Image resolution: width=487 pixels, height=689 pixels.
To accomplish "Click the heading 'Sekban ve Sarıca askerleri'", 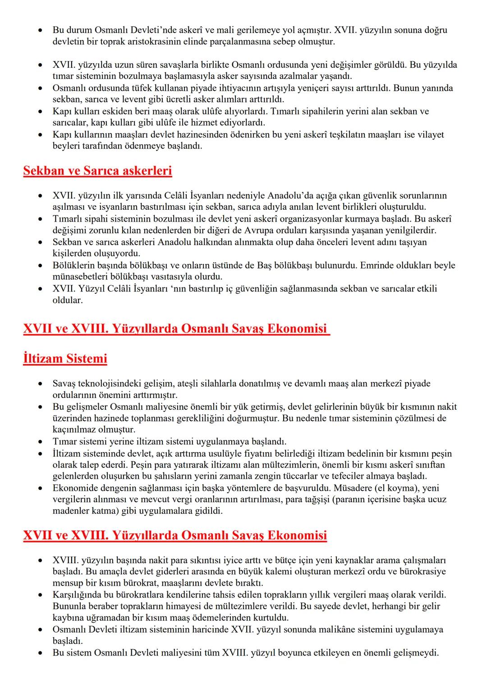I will tap(97, 171).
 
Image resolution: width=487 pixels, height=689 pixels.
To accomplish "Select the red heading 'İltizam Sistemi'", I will tap(65, 359).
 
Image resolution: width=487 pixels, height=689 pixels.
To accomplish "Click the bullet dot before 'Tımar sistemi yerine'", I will tap(41, 442).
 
